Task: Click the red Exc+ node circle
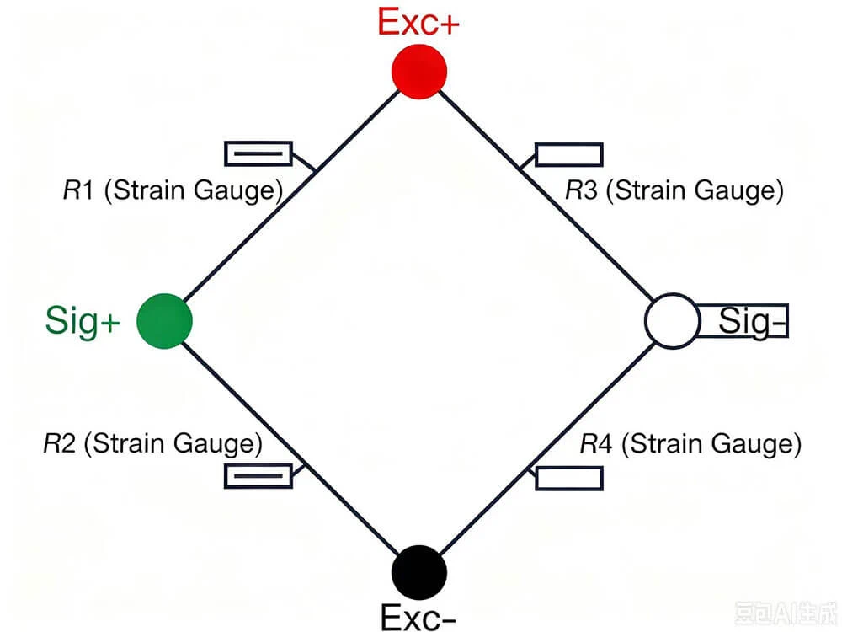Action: [419, 72]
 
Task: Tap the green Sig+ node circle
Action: [165, 321]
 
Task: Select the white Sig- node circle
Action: [672, 321]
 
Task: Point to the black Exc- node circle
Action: [419, 572]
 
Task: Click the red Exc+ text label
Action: [418, 22]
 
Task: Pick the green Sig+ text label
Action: [83, 321]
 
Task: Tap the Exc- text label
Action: [418, 617]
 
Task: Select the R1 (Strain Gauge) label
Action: [173, 190]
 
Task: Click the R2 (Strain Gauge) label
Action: [153, 444]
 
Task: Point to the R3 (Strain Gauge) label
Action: [674, 190]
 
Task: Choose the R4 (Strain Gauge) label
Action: [690, 444]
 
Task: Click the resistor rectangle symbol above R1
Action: [258, 153]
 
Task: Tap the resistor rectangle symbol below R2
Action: [258, 476]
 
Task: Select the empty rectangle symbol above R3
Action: [569, 155]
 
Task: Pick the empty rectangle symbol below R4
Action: [569, 479]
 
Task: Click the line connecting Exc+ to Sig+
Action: [292, 196]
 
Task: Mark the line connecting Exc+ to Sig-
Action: [546, 196]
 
